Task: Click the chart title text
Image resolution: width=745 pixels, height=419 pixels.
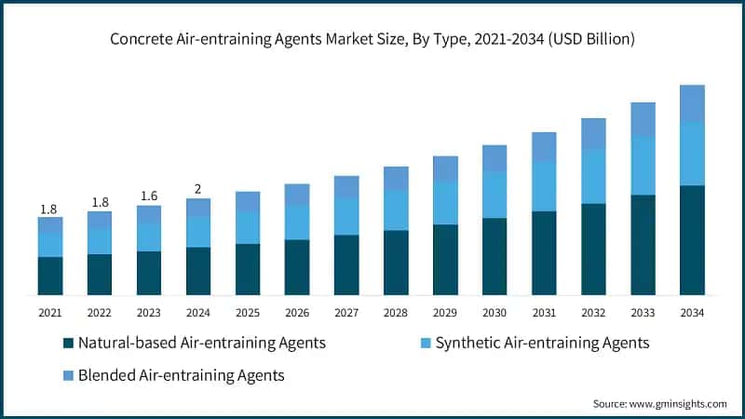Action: coord(372,39)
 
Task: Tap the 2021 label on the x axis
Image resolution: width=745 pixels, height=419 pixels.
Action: coord(50,314)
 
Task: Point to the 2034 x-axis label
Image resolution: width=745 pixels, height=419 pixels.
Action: coord(691,314)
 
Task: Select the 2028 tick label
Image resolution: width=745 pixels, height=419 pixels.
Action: coord(396,314)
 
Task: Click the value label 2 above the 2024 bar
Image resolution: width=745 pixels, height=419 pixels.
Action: coord(197,189)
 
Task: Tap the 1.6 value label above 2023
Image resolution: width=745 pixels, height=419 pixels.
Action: coord(148,196)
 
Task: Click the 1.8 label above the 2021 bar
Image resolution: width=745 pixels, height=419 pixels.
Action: coord(50,208)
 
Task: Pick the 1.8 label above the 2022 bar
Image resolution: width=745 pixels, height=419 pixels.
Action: coord(100,202)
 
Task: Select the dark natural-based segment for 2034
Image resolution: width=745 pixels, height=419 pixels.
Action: coord(691,240)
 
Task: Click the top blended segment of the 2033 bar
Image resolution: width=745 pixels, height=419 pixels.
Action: coord(643,120)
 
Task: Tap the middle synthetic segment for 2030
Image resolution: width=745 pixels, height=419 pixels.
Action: coord(494,195)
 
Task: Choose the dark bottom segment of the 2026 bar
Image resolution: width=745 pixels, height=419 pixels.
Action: coord(297,267)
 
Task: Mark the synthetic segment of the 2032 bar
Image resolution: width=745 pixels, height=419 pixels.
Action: coord(593,176)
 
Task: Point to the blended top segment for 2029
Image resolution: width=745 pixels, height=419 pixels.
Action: coord(445,169)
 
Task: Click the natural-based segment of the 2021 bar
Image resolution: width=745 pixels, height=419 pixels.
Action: coord(50,276)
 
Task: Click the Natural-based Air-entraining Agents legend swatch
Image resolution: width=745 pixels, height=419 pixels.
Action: coord(68,344)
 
